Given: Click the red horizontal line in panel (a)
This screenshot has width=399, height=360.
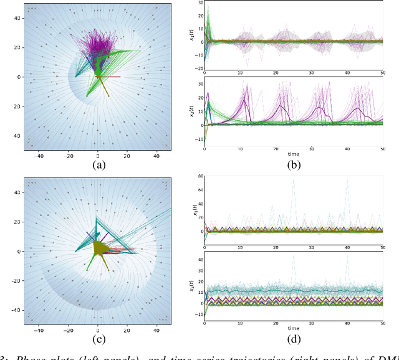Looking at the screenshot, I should pos(112,77).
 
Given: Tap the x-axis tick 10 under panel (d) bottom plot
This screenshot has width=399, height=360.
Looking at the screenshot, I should pos(240,320).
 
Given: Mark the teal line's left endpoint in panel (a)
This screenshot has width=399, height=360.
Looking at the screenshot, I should pos(76,77).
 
